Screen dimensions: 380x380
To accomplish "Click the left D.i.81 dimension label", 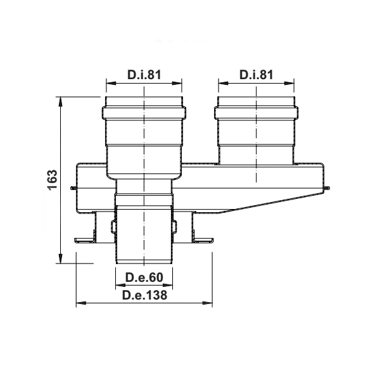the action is (x=144, y=75).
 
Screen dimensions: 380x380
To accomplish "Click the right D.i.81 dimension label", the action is (x=256, y=75).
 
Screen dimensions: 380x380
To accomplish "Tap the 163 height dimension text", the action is (x=53, y=180).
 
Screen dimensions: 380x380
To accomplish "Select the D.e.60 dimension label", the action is (x=144, y=277).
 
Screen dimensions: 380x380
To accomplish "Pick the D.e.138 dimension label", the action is (x=144, y=295).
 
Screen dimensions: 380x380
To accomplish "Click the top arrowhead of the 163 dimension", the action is (x=60, y=101).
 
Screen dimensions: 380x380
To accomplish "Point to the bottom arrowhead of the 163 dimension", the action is (x=60, y=258).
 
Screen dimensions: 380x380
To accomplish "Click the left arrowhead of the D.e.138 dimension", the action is (x=81, y=303).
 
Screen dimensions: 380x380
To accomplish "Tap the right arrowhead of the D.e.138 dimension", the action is (x=208, y=303).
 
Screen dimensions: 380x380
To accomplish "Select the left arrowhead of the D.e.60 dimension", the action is (x=120, y=285).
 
